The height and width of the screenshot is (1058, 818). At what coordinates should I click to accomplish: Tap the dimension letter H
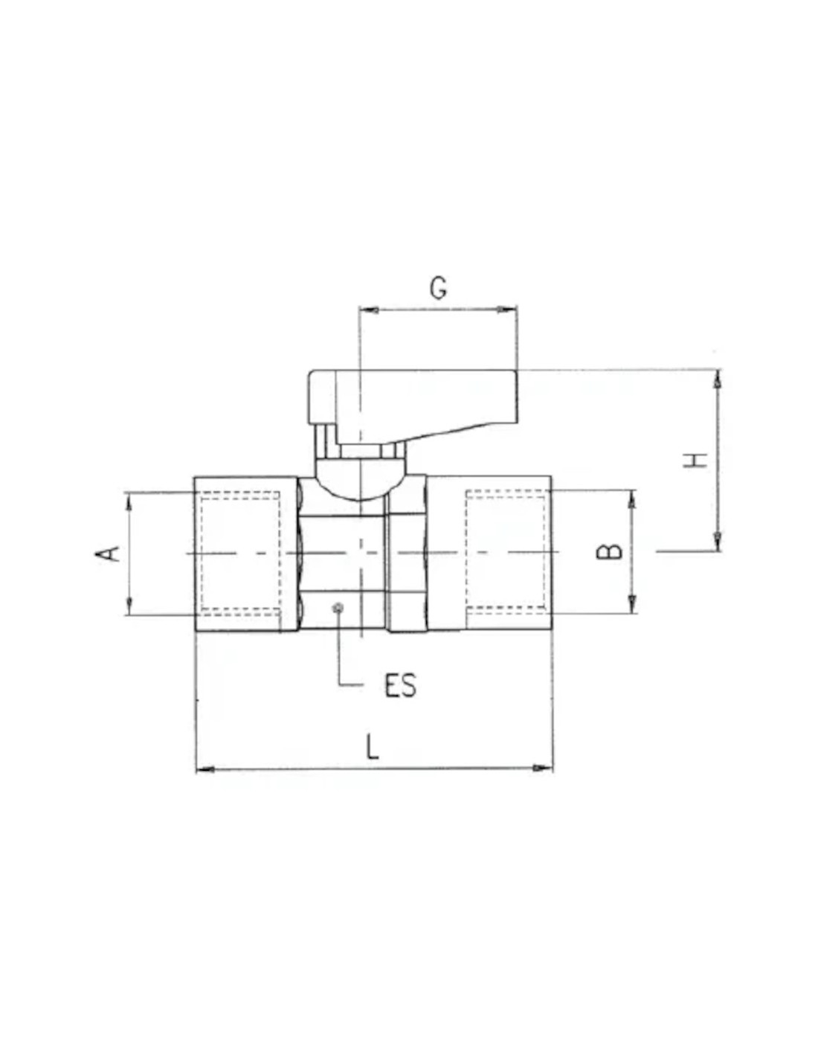695,460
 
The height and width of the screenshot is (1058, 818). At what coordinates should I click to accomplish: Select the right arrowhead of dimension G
506,310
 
